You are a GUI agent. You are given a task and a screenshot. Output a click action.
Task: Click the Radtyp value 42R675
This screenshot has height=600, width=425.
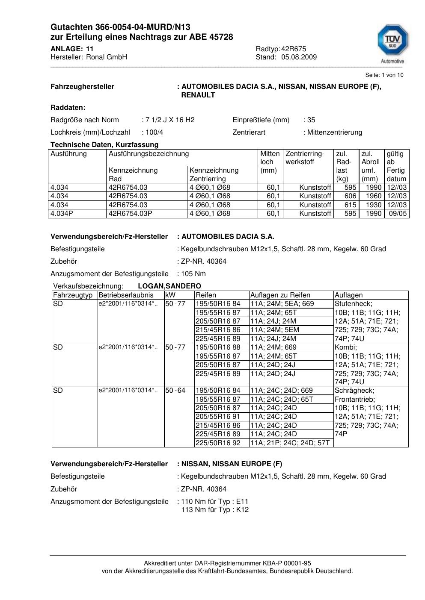click(x=294, y=49)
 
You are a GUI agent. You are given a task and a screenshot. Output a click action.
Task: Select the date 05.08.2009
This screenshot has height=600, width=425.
click(x=299, y=57)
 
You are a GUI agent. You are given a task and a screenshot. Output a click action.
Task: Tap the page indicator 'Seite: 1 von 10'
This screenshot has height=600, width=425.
click(x=384, y=75)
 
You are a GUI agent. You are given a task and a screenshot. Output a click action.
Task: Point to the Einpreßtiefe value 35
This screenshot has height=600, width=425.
click(x=311, y=120)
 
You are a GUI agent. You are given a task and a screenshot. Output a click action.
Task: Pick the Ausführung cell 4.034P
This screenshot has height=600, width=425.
click(x=62, y=213)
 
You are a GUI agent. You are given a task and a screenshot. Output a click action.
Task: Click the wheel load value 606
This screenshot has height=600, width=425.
click(x=350, y=196)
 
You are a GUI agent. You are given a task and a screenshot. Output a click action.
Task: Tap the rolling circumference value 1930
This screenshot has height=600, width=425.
click(x=374, y=205)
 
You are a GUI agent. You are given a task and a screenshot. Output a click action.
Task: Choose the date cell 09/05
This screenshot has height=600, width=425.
click(x=398, y=213)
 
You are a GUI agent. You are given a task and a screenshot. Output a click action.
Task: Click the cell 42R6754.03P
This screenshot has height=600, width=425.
click(x=131, y=213)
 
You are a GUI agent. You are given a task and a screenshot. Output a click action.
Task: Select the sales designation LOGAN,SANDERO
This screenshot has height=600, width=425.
click(x=169, y=286)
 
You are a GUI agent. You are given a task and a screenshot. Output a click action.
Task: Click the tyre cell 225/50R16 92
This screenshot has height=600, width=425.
click(x=218, y=443)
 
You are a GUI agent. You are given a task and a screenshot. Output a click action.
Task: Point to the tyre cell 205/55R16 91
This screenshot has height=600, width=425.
click(x=218, y=417)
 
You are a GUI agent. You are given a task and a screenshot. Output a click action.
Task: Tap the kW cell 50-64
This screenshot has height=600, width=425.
click(x=175, y=391)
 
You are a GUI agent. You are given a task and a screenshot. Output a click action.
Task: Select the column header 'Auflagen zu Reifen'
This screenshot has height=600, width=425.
click(x=280, y=295)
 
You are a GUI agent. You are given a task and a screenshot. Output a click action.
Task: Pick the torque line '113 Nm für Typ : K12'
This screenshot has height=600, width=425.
click(x=215, y=510)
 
